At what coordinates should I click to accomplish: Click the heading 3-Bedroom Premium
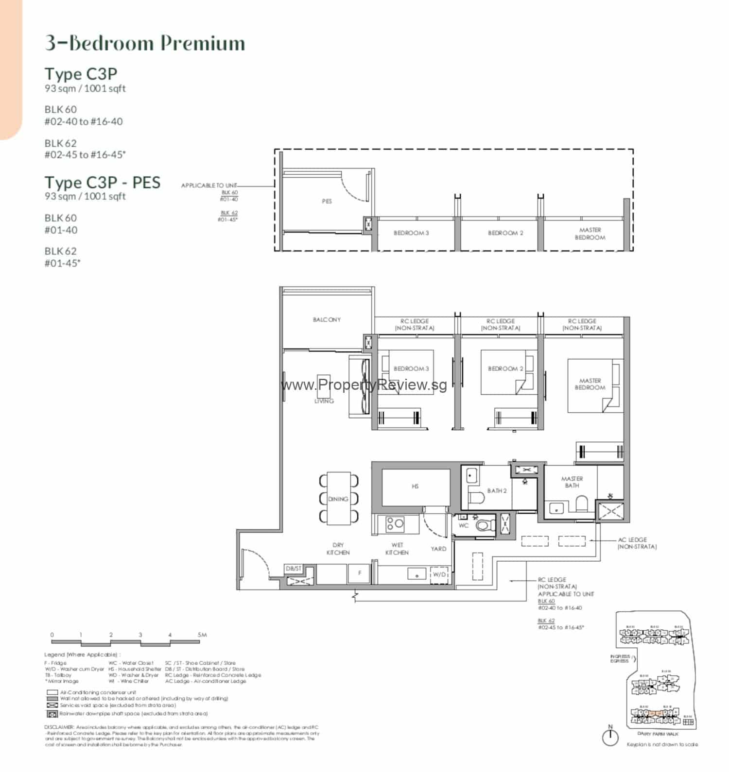[x=145, y=43]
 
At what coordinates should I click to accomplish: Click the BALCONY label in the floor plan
[x=327, y=319]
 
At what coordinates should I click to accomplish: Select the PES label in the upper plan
[x=327, y=201]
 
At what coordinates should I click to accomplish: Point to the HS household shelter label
[x=415, y=486]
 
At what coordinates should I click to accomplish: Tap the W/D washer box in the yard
[x=439, y=574]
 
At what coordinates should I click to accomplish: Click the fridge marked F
[x=360, y=573]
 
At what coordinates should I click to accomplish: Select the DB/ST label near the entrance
[x=294, y=568]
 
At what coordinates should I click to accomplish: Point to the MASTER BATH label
[x=572, y=482]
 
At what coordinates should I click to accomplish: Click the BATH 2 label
[x=497, y=491]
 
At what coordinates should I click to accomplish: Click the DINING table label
[x=338, y=499]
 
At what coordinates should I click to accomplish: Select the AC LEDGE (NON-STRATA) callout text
[x=636, y=543]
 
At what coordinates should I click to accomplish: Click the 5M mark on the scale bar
[x=202, y=635]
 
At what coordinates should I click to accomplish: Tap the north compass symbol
[x=610, y=737]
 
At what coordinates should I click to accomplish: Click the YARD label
[x=438, y=549]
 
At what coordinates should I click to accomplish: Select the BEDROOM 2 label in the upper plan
[x=505, y=233]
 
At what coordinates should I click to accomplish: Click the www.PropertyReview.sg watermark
[x=364, y=385]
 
